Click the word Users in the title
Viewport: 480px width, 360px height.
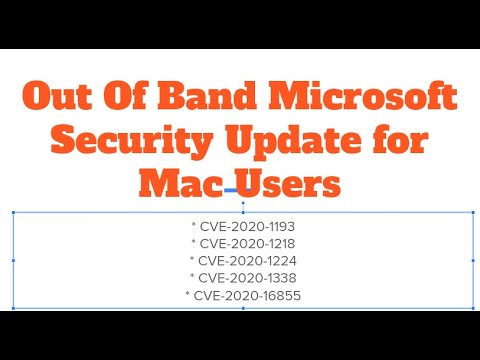(x=289, y=183)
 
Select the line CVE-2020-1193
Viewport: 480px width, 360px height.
(x=244, y=226)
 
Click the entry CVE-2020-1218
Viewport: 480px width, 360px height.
(x=244, y=243)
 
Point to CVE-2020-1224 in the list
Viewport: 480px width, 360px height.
(x=244, y=260)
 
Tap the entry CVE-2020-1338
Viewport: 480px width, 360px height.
(x=244, y=277)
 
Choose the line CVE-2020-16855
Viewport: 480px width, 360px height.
(x=244, y=295)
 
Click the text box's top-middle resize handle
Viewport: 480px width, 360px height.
(x=243, y=212)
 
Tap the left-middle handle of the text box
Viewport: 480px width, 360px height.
(x=13, y=260)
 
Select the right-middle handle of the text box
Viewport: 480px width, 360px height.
(x=474, y=260)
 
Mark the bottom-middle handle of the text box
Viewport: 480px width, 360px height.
(x=243, y=308)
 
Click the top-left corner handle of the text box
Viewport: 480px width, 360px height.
(x=13, y=212)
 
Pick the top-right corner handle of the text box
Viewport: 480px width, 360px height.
(x=474, y=212)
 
